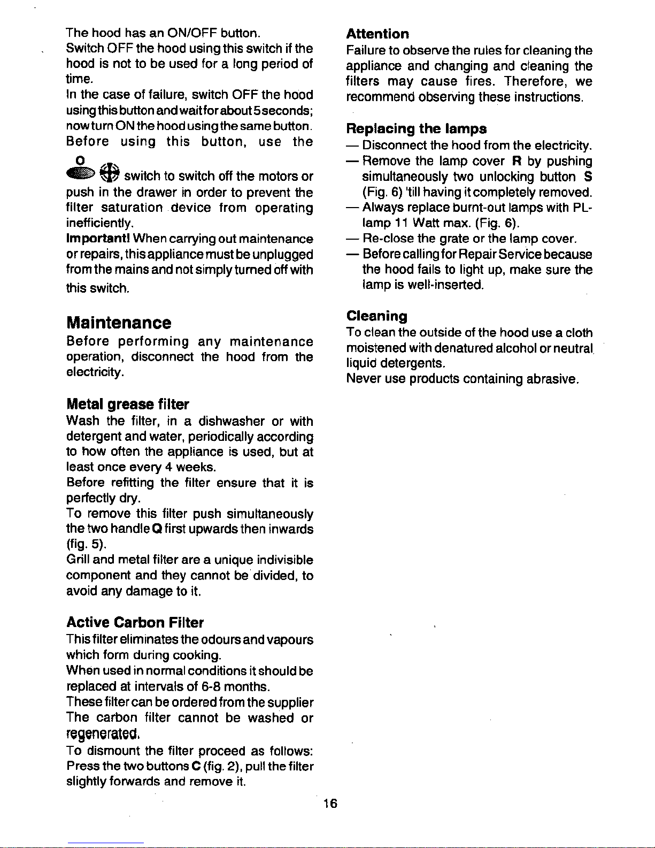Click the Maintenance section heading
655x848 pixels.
[119, 323]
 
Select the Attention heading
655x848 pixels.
[377, 34]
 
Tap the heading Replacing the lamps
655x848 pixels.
[417, 129]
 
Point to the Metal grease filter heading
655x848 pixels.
[127, 404]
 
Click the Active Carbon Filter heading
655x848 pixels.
[135, 623]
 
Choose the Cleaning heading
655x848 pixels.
[376, 316]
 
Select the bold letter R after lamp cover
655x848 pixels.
[516, 161]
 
